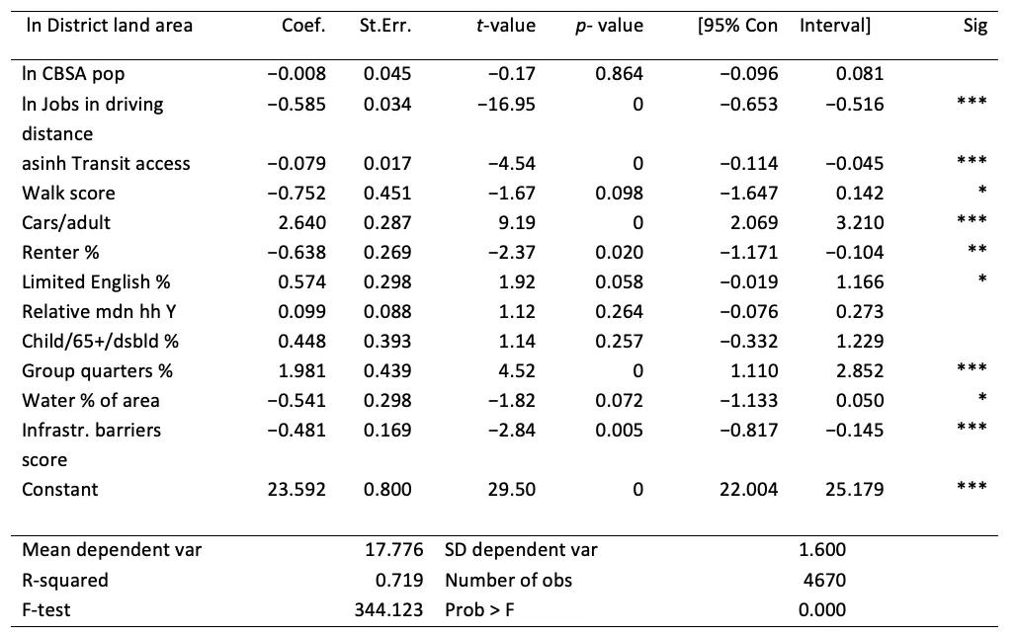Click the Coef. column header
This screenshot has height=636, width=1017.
pos(303,27)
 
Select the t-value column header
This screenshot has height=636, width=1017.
pos(505,27)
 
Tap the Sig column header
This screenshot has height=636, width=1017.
pos(975,27)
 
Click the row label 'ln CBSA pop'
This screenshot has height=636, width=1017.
pos(73,74)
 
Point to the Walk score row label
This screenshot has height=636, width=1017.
pos(68,193)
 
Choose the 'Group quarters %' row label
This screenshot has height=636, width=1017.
pos(97,371)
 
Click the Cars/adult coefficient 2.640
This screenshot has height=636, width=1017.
pos(304,222)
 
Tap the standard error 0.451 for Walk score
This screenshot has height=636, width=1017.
pos(387,193)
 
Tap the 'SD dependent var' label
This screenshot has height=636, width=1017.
pos(521,550)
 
